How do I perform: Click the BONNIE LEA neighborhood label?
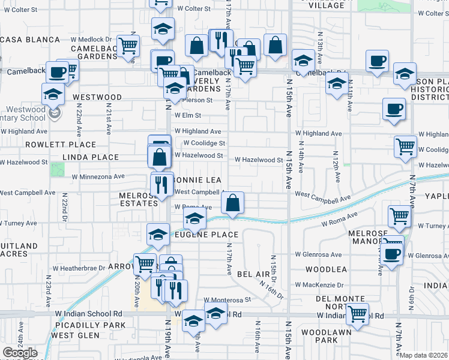(198, 180)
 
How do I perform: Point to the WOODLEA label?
(326, 270)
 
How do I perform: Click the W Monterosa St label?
(226, 299)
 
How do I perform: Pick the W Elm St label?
(187, 115)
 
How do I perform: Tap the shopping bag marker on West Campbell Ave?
(233, 203)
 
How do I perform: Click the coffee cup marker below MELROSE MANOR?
(392, 252)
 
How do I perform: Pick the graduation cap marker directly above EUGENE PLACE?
(194, 221)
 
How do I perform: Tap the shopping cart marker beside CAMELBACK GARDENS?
(128, 46)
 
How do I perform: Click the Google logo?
(20, 353)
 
